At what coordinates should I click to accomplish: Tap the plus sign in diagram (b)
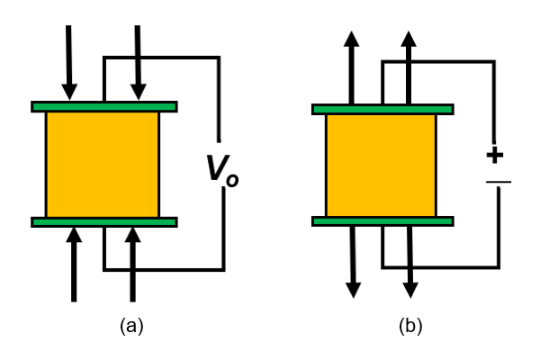coord(494,155)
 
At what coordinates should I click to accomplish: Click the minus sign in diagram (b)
coord(498,183)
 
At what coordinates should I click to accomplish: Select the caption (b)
coord(410,326)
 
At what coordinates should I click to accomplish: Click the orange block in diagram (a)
coord(102,164)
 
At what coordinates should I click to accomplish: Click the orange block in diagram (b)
coord(381,165)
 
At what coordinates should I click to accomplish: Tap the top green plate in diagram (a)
coord(103,106)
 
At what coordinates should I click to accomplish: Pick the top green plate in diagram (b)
coord(382,109)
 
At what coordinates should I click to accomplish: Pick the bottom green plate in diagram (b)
coord(382,221)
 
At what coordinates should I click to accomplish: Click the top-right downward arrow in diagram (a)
coord(138,63)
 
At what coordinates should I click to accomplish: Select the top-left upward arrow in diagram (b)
coord(351,67)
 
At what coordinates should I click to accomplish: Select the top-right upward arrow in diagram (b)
coord(409,67)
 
